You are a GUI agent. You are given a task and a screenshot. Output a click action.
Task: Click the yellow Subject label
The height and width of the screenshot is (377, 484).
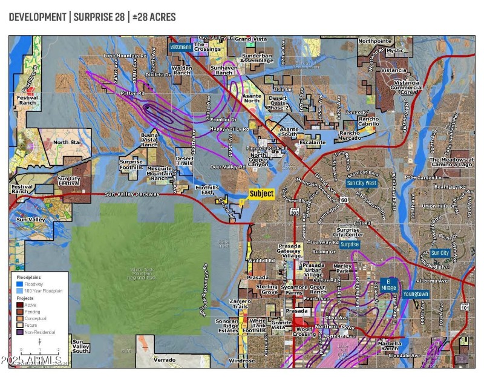[261, 194]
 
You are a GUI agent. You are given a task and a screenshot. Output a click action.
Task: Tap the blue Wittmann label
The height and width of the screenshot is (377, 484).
[180, 47]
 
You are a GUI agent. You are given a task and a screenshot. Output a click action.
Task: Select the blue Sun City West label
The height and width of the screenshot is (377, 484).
[362, 183]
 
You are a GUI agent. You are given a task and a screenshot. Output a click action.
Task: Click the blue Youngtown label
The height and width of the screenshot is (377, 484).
[416, 294]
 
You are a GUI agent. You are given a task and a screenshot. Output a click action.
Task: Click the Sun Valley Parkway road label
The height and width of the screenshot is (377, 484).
[132, 194]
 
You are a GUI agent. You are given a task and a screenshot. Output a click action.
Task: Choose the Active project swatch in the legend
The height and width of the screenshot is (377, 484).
[20, 304]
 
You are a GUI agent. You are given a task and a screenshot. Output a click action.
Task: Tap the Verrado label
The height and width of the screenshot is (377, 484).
[164, 359]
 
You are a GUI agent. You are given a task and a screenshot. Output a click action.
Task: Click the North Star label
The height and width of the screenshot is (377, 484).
[67, 143]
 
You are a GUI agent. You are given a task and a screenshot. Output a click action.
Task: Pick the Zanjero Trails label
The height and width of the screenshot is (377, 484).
[240, 304]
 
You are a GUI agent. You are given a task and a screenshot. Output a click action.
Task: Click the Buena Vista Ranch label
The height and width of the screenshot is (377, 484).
[149, 139]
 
